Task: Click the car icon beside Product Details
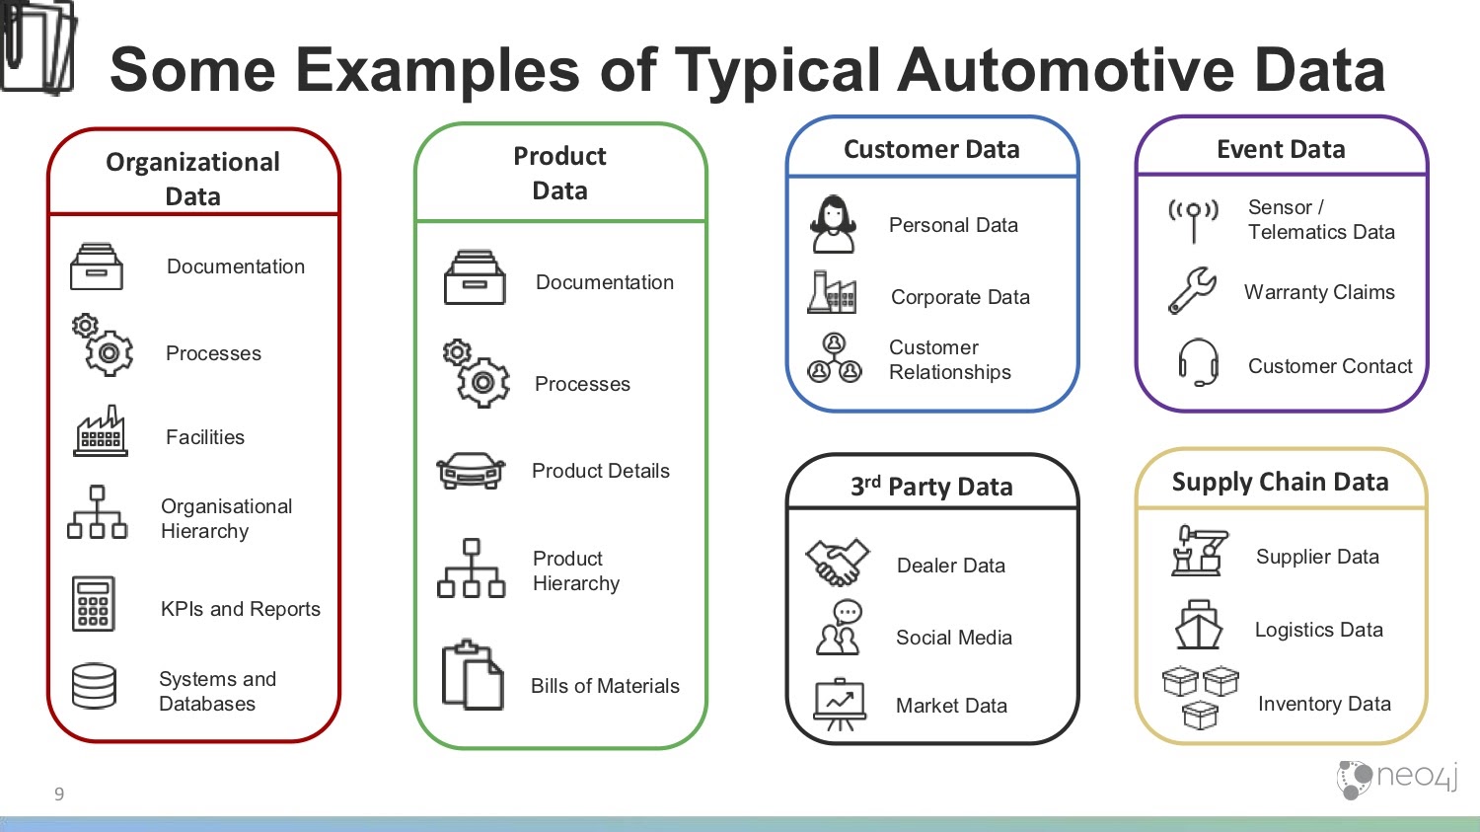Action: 471,471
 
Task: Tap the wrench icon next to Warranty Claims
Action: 1192,290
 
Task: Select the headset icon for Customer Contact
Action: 1199,362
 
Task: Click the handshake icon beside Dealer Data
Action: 837,563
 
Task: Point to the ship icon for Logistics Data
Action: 1199,625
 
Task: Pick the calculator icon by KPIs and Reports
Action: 93,604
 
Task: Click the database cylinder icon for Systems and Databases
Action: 94,686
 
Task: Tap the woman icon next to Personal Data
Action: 833,224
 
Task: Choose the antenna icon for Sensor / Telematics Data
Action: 1193,221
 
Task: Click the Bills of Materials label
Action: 605,686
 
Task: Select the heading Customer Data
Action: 931,149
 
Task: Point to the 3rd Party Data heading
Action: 931,487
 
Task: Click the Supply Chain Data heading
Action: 1281,483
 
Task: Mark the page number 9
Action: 59,794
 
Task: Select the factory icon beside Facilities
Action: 100,431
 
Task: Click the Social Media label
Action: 954,638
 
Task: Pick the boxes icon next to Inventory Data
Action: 1200,697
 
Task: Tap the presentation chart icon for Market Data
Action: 839,705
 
